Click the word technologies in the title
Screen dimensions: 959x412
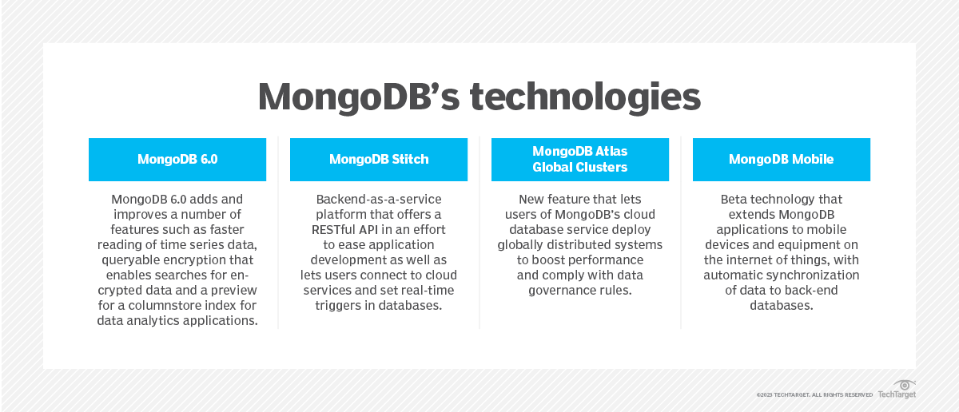click(585, 98)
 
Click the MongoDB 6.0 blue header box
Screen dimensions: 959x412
click(177, 160)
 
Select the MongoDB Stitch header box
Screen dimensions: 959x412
click(379, 160)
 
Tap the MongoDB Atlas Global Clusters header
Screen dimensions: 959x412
click(580, 160)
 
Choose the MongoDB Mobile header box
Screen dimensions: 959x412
click(782, 160)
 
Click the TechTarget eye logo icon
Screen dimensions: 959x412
click(904, 385)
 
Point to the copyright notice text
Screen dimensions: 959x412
click(814, 395)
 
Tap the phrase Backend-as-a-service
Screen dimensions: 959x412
click(379, 200)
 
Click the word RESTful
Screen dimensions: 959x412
click(333, 230)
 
